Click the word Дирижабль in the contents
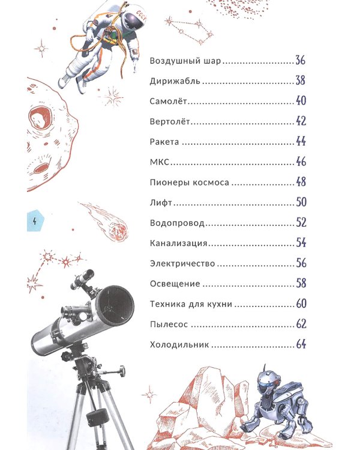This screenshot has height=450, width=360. click(175, 81)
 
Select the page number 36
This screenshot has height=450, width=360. click(300, 60)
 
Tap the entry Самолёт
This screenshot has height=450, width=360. click(168, 101)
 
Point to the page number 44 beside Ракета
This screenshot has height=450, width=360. click(301, 142)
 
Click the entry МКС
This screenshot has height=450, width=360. click(160, 162)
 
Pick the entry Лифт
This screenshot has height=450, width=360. click(161, 203)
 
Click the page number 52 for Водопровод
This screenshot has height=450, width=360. click(301, 223)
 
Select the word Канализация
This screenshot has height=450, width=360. click(178, 244)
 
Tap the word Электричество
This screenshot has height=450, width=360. click(182, 263)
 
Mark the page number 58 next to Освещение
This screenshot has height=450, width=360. click(301, 283)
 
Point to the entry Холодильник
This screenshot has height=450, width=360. click(179, 344)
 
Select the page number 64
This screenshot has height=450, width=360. click(301, 344)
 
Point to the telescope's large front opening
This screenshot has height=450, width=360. click(115, 305)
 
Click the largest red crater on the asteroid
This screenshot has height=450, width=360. click(40, 117)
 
